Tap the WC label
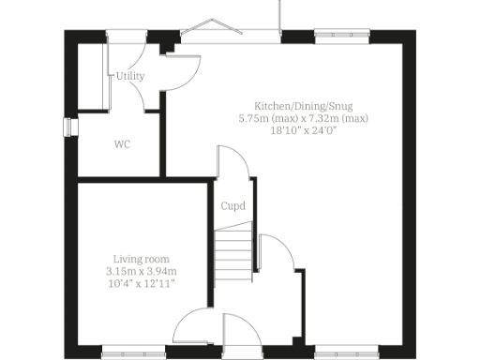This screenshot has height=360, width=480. tap(122, 144)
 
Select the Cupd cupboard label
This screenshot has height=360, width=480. tap(232, 206)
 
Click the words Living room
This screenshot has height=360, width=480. tap(142, 259)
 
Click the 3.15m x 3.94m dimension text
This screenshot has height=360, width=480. tap(142, 271)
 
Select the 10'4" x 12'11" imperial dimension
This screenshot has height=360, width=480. tap(142, 283)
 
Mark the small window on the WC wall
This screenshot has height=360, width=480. tap(67, 127)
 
